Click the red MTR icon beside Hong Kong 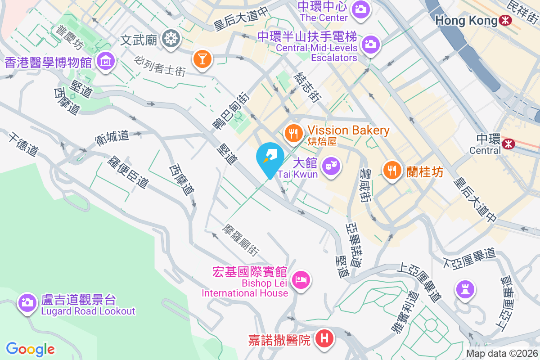click(x=505, y=20)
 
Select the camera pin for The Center click(x=360, y=9)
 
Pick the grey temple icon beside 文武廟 click(x=171, y=39)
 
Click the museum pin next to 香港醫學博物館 click(x=105, y=60)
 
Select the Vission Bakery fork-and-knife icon click(x=293, y=133)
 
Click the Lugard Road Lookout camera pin click(x=27, y=302)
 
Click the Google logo click(x=31, y=349)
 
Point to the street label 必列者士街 click(x=159, y=66)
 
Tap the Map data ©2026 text click(x=502, y=354)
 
